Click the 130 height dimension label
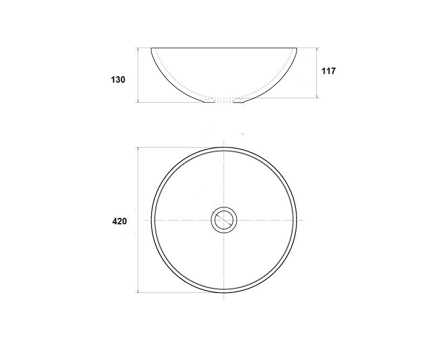(118, 79)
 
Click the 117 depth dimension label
(328, 71)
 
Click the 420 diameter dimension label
(119, 221)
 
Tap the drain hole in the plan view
(224, 220)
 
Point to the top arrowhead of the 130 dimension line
(138, 50)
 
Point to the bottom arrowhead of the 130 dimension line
(138, 100)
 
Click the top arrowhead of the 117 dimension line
(317, 50)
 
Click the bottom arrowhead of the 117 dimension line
(317, 96)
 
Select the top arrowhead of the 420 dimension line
(138, 150)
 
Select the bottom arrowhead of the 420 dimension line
(138, 290)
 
